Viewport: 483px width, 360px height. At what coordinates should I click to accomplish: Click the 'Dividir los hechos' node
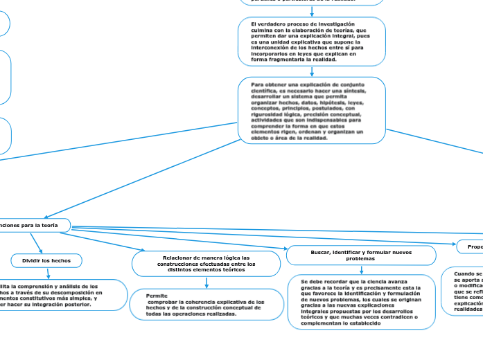[x=46, y=260]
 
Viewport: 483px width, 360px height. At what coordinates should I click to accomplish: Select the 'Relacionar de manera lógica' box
[x=206, y=264]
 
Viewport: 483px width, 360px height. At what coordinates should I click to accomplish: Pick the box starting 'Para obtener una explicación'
[x=312, y=111]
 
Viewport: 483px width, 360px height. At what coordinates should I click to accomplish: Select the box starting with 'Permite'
[x=207, y=305]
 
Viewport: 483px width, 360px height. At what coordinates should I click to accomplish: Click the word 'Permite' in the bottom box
[x=157, y=296]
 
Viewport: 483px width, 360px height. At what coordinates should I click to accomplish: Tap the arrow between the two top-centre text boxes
[x=312, y=11]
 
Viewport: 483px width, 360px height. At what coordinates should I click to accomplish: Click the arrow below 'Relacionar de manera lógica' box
[x=207, y=282]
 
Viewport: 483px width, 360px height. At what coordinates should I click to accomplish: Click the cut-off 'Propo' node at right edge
[x=472, y=246]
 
